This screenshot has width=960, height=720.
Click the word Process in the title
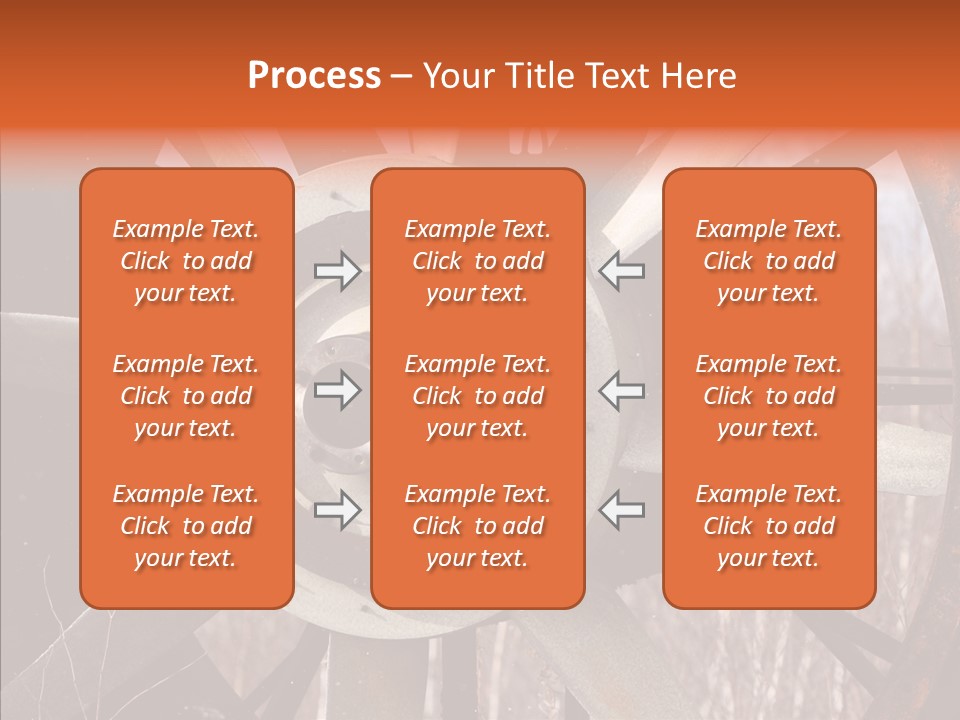pyautogui.click(x=314, y=76)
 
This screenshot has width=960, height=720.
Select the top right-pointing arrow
pyautogui.click(x=337, y=270)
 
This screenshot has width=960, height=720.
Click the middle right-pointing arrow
pyautogui.click(x=337, y=390)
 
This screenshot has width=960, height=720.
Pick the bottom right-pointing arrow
pyautogui.click(x=337, y=510)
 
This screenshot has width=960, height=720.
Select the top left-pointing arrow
pyautogui.click(x=621, y=270)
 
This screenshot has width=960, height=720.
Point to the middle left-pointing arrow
pyautogui.click(x=621, y=390)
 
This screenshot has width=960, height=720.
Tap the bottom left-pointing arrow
pyautogui.click(x=621, y=510)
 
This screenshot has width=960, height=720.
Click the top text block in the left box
pyautogui.click(x=186, y=261)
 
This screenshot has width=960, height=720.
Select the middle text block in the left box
pyautogui.click(x=186, y=396)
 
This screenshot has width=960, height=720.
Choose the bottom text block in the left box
pyautogui.click(x=186, y=526)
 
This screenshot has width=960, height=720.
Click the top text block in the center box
pyautogui.click(x=478, y=261)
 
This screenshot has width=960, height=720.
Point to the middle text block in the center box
pyautogui.click(x=478, y=396)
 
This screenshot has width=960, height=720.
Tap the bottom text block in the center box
pyautogui.click(x=478, y=526)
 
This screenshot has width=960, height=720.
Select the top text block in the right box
pyautogui.click(x=769, y=261)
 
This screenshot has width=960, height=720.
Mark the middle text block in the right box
pyautogui.click(x=769, y=396)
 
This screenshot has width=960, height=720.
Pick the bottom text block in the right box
pyautogui.click(x=769, y=526)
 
